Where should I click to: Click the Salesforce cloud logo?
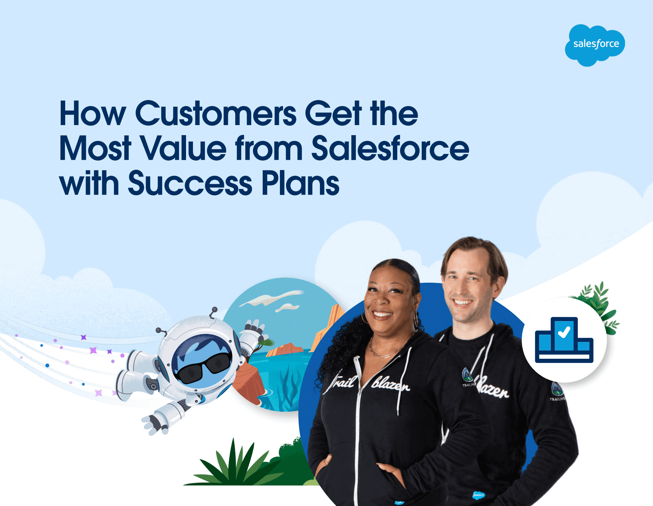[595, 45]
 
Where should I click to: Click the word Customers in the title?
[216, 114]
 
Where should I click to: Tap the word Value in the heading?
[183, 149]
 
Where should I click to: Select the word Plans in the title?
[300, 184]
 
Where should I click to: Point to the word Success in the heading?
[190, 184]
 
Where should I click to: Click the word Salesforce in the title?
[390, 149]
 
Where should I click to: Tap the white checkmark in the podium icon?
[564, 332]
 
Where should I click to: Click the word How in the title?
[92, 114]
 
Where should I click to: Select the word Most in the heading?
[95, 149]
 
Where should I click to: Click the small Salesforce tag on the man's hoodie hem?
[478, 495]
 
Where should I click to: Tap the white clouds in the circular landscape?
[273, 299]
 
